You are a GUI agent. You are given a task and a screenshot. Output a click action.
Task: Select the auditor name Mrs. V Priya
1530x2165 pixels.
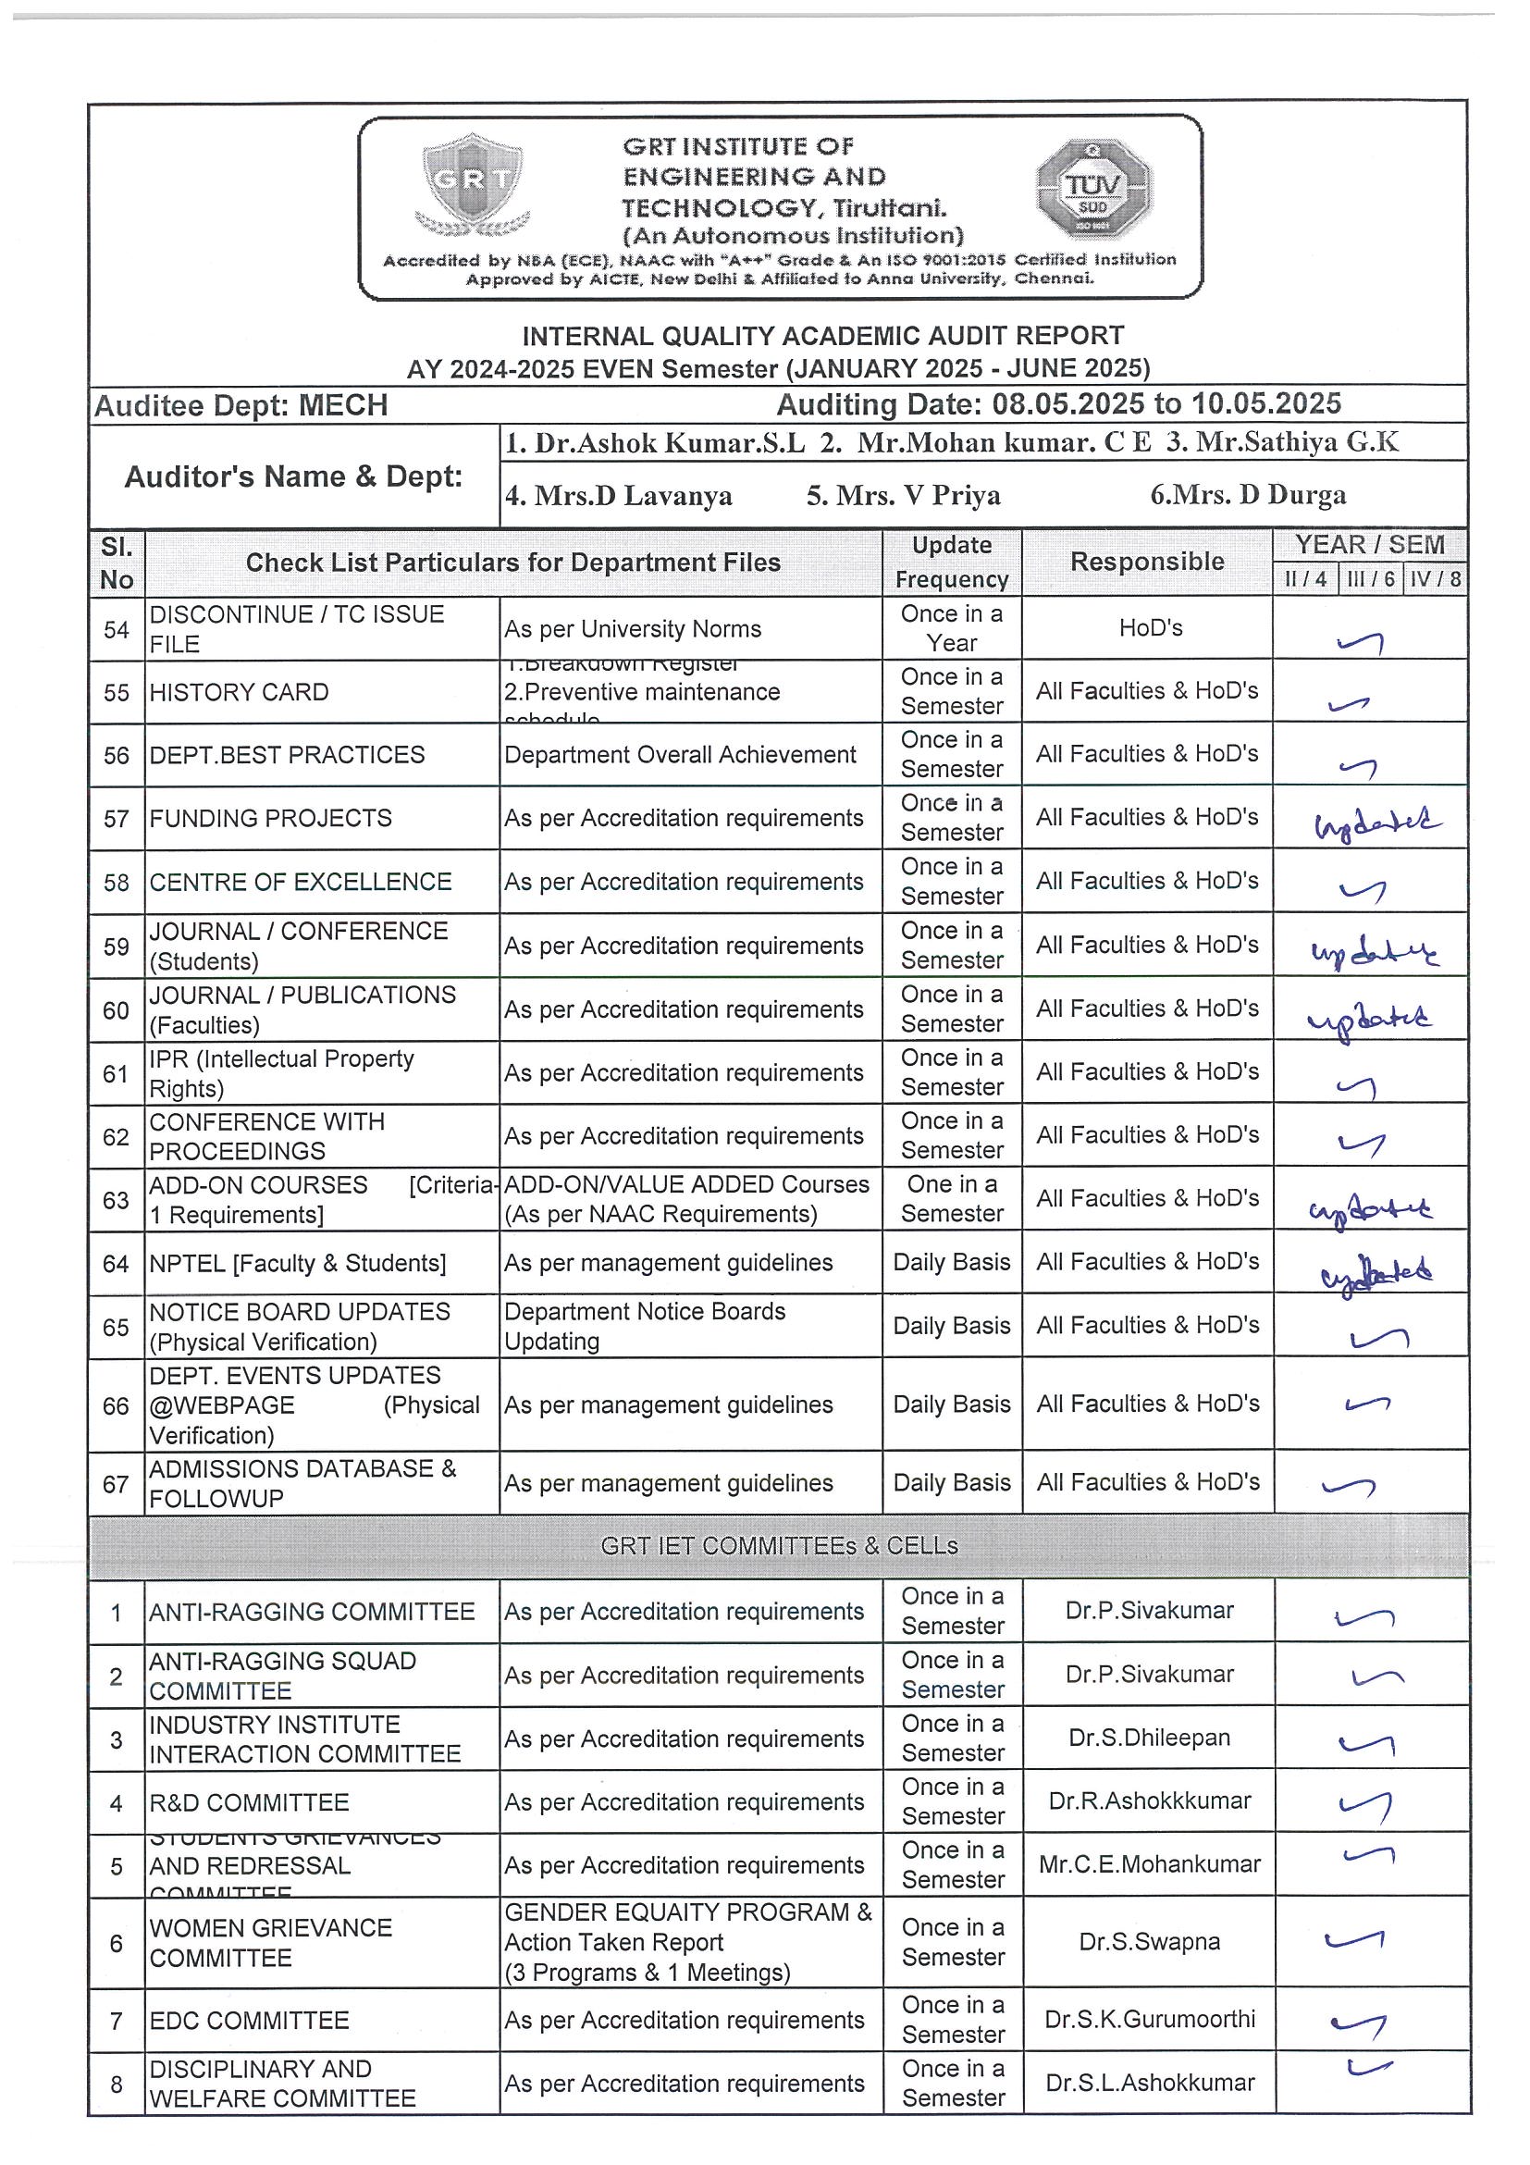[x=903, y=496]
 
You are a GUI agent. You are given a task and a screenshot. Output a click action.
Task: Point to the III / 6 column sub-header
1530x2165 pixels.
[x=1370, y=579]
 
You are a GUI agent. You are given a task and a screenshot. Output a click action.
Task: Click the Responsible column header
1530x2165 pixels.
[x=1146, y=562]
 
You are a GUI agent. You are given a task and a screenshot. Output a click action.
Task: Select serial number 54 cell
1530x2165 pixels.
[x=116, y=630]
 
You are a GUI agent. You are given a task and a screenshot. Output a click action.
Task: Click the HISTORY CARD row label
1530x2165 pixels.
[x=240, y=692]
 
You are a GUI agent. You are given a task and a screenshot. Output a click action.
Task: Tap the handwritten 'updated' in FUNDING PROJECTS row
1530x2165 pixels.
[x=1376, y=823]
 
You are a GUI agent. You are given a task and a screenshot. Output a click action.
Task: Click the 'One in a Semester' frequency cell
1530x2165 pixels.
[x=951, y=1198]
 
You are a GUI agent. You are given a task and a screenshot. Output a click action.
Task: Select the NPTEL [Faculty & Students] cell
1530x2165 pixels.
[x=298, y=1263]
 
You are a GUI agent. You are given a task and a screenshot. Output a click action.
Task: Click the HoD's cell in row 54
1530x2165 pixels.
[x=1150, y=628]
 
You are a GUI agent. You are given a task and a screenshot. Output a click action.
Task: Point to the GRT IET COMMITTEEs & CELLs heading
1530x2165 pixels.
[x=779, y=1545]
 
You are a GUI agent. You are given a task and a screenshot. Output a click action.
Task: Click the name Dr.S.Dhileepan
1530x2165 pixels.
[x=1149, y=1737]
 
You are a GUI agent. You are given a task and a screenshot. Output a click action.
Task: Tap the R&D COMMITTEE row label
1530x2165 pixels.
[x=249, y=1802]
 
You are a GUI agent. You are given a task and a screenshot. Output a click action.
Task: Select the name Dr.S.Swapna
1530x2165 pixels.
[x=1149, y=1941]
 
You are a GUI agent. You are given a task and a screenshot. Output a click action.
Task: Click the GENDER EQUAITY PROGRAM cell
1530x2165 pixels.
[x=688, y=1941]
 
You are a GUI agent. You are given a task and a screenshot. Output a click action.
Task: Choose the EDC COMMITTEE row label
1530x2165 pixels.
[x=249, y=2020]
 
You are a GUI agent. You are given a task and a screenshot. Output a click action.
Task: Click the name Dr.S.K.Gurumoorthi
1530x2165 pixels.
[x=1149, y=2019]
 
